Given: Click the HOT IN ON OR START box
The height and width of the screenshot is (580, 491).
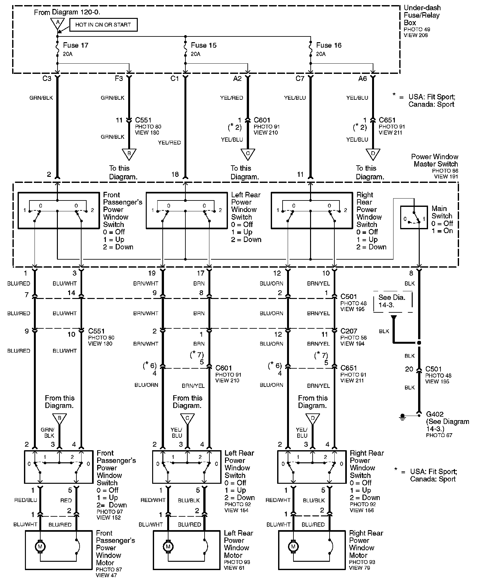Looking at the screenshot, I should coord(103,25).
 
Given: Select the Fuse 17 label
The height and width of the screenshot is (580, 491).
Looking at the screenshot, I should coord(75,45).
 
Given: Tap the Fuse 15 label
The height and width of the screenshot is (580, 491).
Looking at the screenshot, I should coord(204,45).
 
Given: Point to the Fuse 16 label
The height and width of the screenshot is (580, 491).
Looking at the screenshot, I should coord(329,45).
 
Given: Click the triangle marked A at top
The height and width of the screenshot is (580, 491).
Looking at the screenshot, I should coord(58,23).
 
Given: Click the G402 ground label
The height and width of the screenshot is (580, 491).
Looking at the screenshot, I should coord(435,414).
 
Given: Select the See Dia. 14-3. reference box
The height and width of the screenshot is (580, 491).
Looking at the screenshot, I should coord(392,301).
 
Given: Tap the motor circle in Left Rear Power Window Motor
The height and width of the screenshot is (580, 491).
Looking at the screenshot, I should coord(168,546).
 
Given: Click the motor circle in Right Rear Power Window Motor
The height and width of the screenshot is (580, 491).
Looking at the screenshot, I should coord(293,546).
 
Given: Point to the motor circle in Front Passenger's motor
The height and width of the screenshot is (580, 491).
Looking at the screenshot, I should coord(40,546).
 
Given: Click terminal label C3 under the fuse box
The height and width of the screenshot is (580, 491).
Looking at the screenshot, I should coord(47,79).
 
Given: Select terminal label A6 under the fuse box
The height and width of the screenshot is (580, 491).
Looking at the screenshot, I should coord(362,79).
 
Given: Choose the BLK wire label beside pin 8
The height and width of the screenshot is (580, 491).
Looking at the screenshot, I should coord(409,283).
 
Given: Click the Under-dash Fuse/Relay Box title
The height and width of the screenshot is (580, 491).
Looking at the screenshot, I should coord(422,15).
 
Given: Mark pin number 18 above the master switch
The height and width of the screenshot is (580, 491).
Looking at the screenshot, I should coord(175,174).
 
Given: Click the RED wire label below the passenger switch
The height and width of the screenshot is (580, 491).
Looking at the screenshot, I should coord(66,500).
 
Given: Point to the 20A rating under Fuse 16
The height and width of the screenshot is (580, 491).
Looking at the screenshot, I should coord(321,54).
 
